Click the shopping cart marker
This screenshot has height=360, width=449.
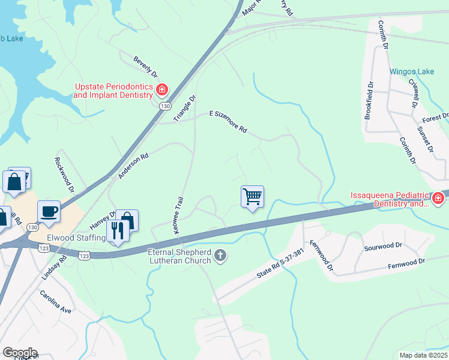pos(252,197)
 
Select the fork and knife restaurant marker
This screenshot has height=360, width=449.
pos(117,231)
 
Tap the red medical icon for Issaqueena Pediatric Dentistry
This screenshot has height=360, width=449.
pos(438,198)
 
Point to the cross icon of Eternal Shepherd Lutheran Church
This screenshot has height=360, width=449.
pos(220,256)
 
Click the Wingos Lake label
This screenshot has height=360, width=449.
pos(411,71)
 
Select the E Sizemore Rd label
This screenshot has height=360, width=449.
pos(228,121)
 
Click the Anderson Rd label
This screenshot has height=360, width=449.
pos(133,166)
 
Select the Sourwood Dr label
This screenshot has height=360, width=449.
pos(382,246)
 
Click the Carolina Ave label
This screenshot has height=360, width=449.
pos(56,302)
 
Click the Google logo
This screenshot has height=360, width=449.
pos(19,352)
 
